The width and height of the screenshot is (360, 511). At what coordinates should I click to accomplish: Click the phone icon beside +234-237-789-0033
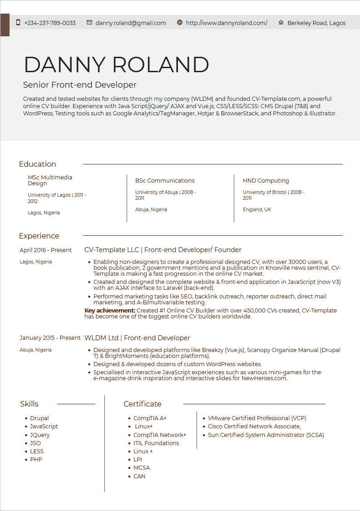(18, 23)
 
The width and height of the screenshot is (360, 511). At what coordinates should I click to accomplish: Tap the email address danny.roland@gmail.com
(131, 23)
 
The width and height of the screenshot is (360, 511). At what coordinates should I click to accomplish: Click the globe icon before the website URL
(180, 23)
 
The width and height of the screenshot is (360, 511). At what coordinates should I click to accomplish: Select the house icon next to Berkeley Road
(281, 23)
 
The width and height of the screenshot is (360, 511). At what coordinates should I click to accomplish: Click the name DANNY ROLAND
(116, 65)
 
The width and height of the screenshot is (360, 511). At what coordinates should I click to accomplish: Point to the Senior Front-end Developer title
(79, 85)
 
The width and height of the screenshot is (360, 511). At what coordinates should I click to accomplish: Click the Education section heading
(38, 164)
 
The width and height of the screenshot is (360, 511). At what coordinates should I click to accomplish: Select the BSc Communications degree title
(165, 181)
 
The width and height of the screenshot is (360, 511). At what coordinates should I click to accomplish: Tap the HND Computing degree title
(266, 181)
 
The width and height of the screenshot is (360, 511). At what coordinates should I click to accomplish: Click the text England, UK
(257, 209)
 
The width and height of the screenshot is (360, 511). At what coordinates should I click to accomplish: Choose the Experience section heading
(39, 236)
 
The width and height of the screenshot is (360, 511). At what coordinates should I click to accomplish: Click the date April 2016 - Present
(46, 250)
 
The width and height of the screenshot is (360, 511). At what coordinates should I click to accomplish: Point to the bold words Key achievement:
(110, 311)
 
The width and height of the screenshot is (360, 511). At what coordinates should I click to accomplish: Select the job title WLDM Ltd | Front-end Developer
(137, 338)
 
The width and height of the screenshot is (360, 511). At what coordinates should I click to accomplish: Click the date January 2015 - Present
(50, 338)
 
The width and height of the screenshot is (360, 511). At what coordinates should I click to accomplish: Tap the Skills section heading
(29, 404)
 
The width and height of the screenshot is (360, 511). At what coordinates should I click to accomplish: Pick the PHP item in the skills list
(36, 460)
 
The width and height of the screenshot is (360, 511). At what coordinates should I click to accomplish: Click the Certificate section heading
(143, 404)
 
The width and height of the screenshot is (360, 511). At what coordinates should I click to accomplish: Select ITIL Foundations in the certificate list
(156, 443)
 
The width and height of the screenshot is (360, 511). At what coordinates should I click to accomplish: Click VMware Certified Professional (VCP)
(257, 418)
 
